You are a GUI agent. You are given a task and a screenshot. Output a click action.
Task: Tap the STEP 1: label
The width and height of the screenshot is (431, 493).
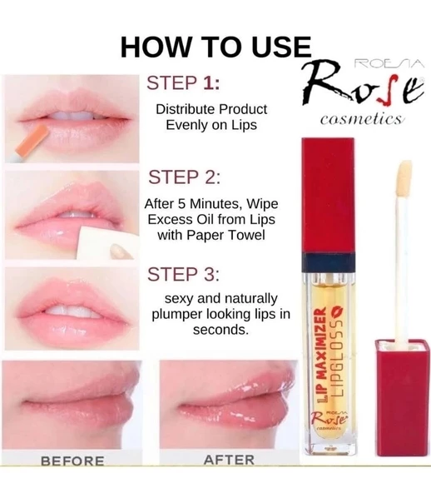pos(184,83)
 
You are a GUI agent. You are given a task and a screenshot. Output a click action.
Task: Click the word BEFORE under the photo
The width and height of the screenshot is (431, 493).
pos(72,461)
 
